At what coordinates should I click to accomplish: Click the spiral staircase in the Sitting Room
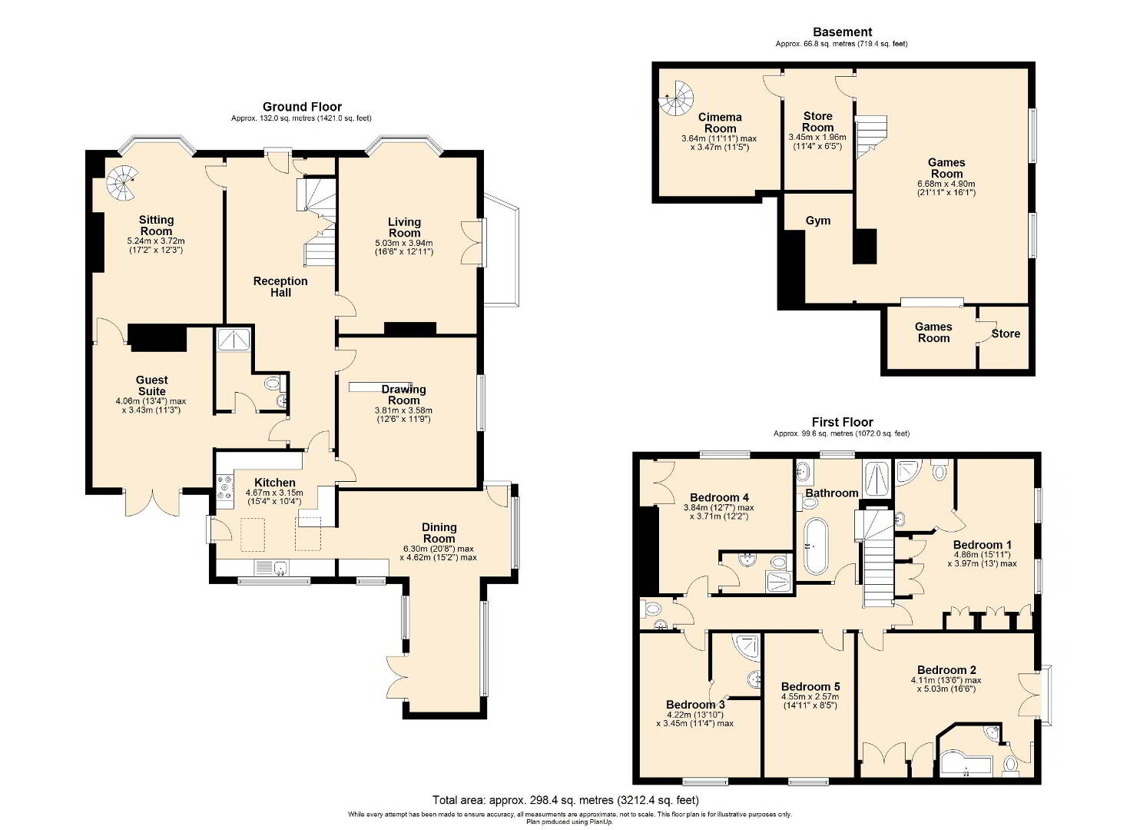(x=122, y=184)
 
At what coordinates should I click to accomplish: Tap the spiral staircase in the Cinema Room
(x=676, y=98)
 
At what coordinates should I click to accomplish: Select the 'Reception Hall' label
(x=280, y=287)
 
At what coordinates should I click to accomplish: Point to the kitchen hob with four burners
(x=224, y=486)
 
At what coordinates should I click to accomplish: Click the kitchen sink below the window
(x=272, y=567)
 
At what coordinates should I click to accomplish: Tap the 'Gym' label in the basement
(x=818, y=221)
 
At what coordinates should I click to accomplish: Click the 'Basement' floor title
(x=842, y=32)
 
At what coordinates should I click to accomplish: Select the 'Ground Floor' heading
(x=302, y=107)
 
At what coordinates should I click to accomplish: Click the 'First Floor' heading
(x=842, y=422)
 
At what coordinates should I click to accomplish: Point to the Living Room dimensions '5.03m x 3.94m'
(x=404, y=243)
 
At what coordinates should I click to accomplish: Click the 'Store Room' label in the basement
(x=818, y=121)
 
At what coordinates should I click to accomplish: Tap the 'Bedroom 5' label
(x=810, y=686)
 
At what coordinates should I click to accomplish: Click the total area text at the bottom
(x=565, y=800)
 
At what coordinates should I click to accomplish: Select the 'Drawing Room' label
(x=403, y=394)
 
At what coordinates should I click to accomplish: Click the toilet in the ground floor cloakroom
(x=274, y=383)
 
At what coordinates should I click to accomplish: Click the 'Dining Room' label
(x=439, y=533)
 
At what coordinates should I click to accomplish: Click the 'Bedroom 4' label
(x=719, y=497)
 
